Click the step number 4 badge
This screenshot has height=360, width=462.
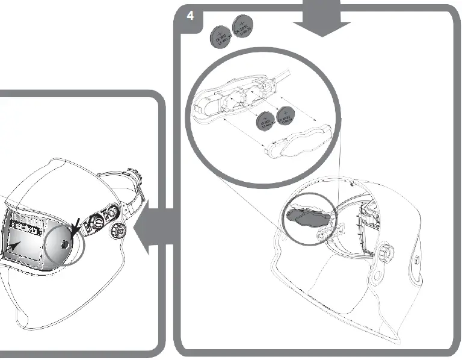click(190, 15)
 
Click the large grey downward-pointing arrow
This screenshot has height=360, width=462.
click(322, 18)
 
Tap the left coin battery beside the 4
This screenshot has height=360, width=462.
click(221, 37)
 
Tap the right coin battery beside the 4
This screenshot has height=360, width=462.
click(244, 28)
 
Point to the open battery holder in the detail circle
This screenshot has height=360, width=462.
click(235, 99)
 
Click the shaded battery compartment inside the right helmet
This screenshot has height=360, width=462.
click(307, 216)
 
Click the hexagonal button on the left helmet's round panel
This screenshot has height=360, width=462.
click(64, 244)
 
